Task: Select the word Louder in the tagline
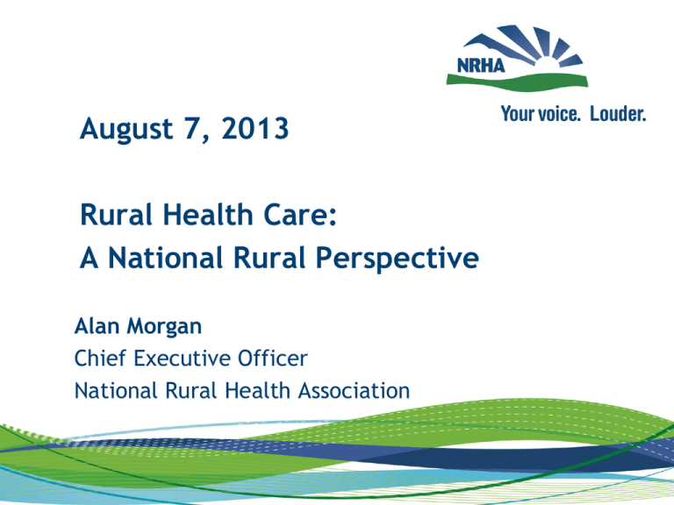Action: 617,114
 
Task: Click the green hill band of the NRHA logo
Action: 544,80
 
